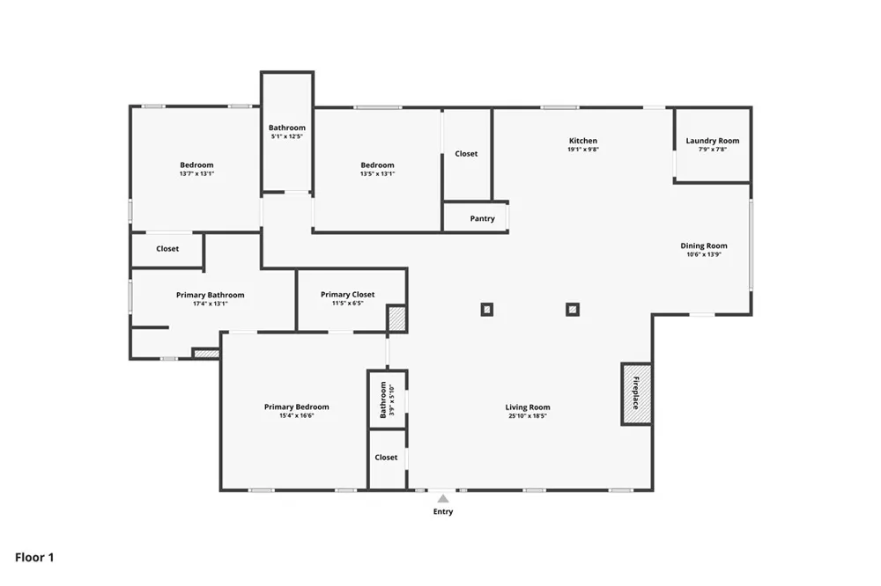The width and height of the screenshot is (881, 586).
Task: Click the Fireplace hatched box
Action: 636,393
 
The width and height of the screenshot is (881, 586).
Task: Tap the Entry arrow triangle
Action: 443,498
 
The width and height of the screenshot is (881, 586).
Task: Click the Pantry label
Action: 482,218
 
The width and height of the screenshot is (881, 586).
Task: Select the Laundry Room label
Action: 713,140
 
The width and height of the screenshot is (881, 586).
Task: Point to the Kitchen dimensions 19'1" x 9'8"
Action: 583,150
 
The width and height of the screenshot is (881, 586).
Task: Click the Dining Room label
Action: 703,245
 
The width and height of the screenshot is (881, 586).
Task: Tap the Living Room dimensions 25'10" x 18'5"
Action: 528,416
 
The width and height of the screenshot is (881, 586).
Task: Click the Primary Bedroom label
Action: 297,407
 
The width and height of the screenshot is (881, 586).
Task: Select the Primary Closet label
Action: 348,294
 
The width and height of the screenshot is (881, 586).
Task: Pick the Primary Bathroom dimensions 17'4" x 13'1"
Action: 211,304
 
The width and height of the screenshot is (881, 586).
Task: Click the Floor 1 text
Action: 34,557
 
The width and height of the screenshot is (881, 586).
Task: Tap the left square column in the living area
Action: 487,310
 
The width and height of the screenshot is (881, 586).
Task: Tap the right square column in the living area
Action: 573,310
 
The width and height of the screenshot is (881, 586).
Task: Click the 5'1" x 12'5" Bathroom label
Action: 287,128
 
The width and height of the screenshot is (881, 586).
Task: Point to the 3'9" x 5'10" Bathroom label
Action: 383,399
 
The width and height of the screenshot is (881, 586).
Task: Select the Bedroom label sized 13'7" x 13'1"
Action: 196,165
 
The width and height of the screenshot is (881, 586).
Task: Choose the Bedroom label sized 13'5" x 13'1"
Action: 378,165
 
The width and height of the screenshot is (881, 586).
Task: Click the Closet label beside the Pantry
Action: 466,153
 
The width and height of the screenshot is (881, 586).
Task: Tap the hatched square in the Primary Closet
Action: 396,319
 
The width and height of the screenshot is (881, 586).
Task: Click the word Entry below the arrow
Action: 443,511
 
